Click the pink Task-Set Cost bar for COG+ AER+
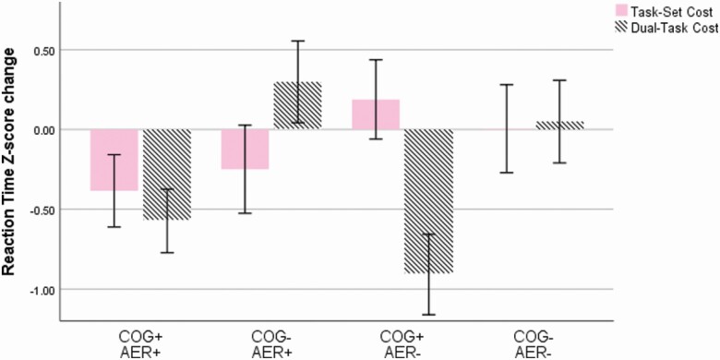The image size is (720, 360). click(x=114, y=160)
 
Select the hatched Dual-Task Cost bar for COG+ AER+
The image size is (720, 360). click(x=166, y=174)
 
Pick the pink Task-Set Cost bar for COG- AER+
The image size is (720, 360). click(x=245, y=149)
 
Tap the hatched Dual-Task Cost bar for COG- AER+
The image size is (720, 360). click(x=297, y=105)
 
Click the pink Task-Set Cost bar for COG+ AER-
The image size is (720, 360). click(x=376, y=114)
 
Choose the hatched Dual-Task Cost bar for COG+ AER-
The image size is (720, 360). click(x=428, y=200)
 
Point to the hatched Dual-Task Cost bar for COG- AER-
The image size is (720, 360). click(x=559, y=125)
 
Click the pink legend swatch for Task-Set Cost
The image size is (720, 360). click(x=596, y=10)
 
